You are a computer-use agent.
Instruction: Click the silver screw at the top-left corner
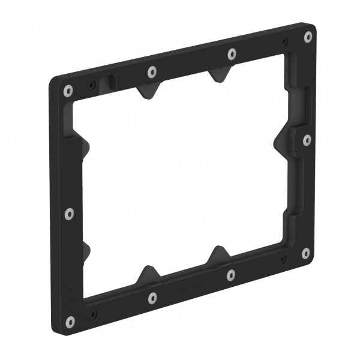pyautogui.click(x=68, y=91)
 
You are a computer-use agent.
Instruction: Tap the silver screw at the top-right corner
pyautogui.click(x=308, y=36)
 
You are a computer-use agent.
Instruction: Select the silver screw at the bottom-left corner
pyautogui.click(x=71, y=322)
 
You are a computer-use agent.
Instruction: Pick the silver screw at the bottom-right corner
pyautogui.click(x=305, y=253)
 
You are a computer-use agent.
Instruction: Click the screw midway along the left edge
pyautogui.click(x=69, y=213)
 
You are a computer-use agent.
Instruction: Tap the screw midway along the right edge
pyautogui.click(x=307, y=140)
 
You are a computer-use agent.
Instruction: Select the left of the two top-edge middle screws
pyautogui.click(x=152, y=71)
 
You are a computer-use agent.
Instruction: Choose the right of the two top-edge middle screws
pyautogui.click(x=232, y=53)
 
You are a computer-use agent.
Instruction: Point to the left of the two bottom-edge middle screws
pyautogui.click(x=152, y=296)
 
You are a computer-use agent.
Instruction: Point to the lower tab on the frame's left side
pyautogui.click(x=83, y=250)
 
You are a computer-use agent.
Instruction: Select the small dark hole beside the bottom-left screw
pyautogui.click(x=94, y=313)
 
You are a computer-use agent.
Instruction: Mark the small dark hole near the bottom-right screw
pyautogui.click(x=283, y=260)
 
